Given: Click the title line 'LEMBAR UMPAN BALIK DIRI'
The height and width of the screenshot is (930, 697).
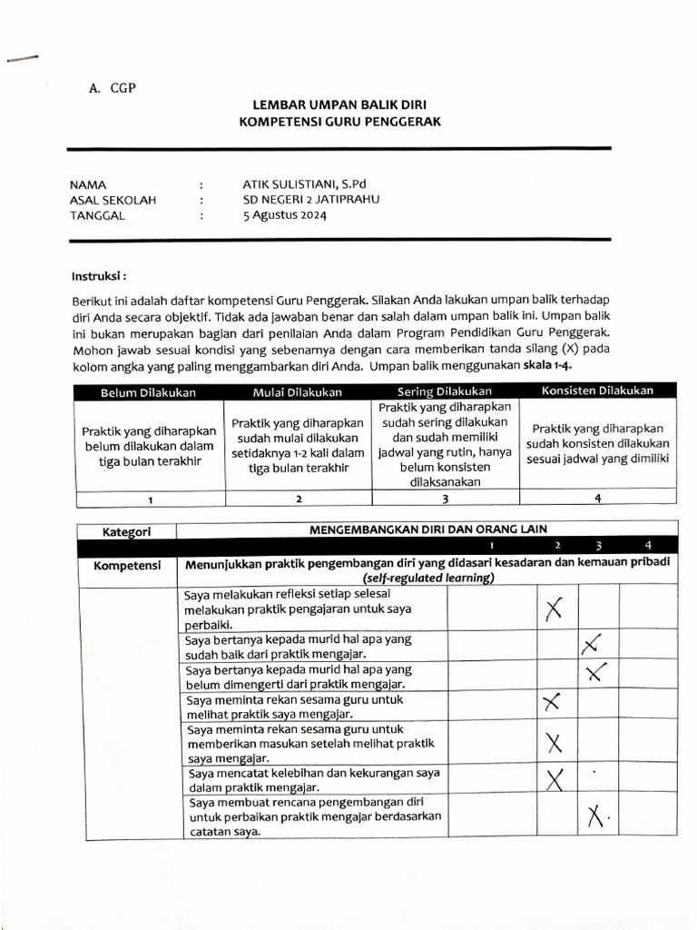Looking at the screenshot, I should pyautogui.click(x=339, y=105).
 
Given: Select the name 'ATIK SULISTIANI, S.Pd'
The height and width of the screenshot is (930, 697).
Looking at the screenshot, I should pyautogui.click(x=304, y=183).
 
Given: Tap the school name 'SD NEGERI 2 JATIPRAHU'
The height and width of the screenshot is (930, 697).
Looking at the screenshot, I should pyautogui.click(x=310, y=200).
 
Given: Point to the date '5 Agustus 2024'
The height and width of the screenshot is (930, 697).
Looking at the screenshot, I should pyautogui.click(x=284, y=216).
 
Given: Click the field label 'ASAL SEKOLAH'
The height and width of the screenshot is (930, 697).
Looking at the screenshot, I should pyautogui.click(x=113, y=200).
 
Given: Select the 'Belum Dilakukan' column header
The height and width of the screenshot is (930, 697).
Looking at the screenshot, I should pyautogui.click(x=149, y=391).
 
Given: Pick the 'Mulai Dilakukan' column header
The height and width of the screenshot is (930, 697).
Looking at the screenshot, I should pyautogui.click(x=297, y=391).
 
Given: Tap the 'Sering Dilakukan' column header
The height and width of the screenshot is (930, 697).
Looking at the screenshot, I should pyautogui.click(x=445, y=391).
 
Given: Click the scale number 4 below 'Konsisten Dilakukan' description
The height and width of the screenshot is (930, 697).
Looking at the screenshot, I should pyautogui.click(x=597, y=499).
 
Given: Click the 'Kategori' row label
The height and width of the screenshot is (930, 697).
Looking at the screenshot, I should pyautogui.click(x=126, y=530).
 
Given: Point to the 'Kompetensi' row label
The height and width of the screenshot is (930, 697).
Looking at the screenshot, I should pyautogui.click(x=127, y=566).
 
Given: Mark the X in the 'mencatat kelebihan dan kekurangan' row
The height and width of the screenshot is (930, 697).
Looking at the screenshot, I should pyautogui.click(x=555, y=778).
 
